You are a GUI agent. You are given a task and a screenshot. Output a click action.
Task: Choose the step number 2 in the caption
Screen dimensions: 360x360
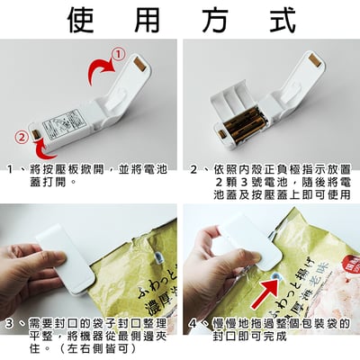coord(194,168)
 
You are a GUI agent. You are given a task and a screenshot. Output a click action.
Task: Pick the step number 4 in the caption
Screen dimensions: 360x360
coord(193,323)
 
